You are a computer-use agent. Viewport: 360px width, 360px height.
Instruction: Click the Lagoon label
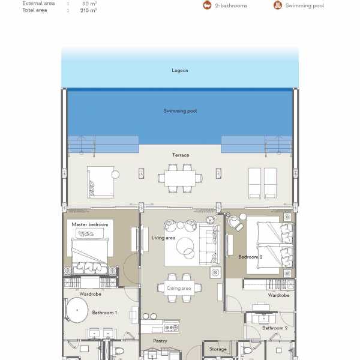click(x=180, y=70)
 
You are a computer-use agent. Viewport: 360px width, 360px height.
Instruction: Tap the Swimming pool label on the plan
click(x=180, y=111)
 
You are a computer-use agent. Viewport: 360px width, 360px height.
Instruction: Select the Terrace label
click(x=181, y=155)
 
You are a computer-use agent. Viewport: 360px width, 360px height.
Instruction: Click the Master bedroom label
click(x=90, y=224)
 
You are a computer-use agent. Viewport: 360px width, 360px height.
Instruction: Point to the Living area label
click(x=163, y=238)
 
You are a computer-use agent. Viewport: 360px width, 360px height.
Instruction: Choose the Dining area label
click(x=179, y=288)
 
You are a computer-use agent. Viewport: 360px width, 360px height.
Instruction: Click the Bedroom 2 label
click(x=250, y=257)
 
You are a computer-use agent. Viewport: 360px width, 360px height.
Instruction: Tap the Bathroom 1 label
click(x=104, y=313)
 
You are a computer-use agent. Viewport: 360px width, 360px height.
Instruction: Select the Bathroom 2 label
click(x=275, y=328)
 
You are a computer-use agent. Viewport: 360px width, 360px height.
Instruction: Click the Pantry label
click(x=160, y=341)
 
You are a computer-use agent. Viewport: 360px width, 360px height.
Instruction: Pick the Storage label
click(x=218, y=349)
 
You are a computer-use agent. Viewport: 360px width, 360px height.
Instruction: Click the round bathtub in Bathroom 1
click(x=77, y=310)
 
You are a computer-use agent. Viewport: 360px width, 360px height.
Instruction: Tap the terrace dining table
click(x=180, y=178)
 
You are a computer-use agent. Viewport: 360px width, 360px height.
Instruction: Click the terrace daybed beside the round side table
click(x=101, y=182)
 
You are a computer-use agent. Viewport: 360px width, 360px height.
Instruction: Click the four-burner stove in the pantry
click(x=172, y=328)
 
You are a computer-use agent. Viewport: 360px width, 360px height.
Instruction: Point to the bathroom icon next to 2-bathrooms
click(x=207, y=5)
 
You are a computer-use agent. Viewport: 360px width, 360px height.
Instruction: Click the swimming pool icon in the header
click(x=278, y=5)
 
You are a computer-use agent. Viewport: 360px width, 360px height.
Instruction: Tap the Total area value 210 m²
click(x=88, y=10)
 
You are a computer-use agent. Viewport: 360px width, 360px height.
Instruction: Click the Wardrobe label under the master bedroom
click(x=90, y=294)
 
